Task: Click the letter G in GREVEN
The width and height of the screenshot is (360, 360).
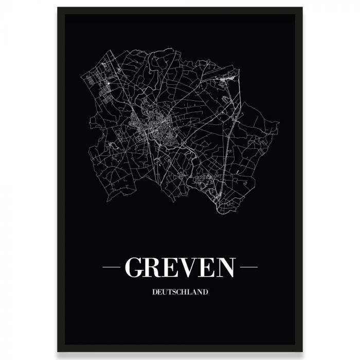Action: [135, 267]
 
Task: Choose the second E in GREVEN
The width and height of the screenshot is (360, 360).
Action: [207, 267]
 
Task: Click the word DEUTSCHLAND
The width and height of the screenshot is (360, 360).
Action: [180, 292]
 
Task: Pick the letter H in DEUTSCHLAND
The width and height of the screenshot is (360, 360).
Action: [185, 292]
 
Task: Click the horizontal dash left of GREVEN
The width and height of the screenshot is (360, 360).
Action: [112, 267]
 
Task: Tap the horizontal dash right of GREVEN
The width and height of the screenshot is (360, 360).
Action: [248, 267]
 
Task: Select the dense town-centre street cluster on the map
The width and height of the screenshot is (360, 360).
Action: [154, 126]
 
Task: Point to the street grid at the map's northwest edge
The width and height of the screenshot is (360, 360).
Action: [98, 85]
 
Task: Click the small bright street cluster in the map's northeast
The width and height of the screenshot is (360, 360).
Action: [226, 80]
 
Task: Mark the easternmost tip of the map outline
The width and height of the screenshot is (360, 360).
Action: [279, 123]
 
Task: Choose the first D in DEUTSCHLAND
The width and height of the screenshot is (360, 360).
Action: [155, 292]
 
